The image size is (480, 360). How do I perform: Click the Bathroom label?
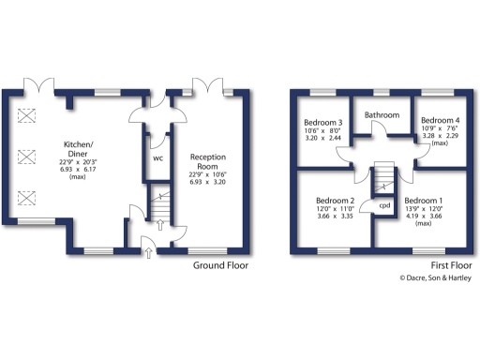coord(382,115)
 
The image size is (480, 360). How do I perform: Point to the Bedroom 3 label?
coord(322,123)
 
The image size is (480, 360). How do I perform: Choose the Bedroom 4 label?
coord(440,120)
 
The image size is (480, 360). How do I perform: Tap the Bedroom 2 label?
coord(335,202)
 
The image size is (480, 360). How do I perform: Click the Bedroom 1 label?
coord(424,202)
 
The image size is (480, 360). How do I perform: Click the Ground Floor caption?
coord(220,265)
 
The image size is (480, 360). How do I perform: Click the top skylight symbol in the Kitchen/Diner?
coord(26,115)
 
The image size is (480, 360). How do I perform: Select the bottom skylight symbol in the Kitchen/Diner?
coord(26,197)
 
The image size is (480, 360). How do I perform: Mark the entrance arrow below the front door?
coord(149,251)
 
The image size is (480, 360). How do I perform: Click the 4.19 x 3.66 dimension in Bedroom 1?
coord(424,217)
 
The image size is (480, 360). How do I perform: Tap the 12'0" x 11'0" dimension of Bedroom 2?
coord(335,209)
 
